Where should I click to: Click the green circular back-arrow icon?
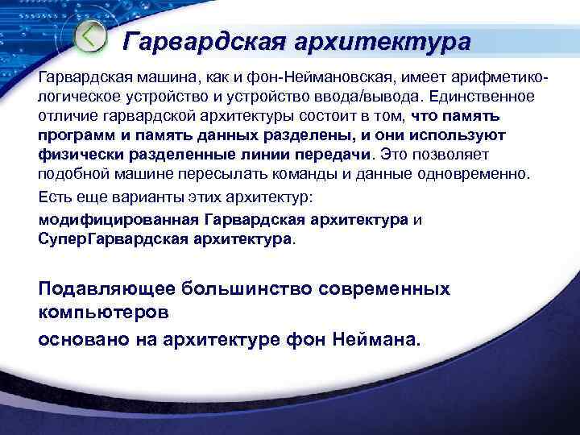[x=89, y=36]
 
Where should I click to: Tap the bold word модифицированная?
[x=119, y=219]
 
